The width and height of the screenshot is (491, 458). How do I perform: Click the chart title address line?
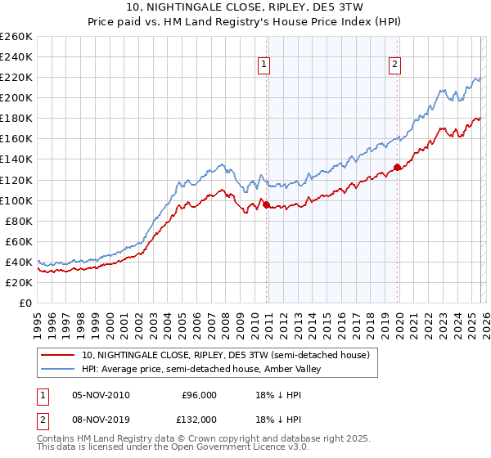245,7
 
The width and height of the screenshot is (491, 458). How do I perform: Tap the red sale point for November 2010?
267,204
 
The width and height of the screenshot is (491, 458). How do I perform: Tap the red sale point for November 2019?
397,167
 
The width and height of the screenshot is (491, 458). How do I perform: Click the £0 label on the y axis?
26,303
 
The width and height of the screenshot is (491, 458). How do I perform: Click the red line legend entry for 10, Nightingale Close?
226,356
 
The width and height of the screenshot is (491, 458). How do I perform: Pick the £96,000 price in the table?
199,395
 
